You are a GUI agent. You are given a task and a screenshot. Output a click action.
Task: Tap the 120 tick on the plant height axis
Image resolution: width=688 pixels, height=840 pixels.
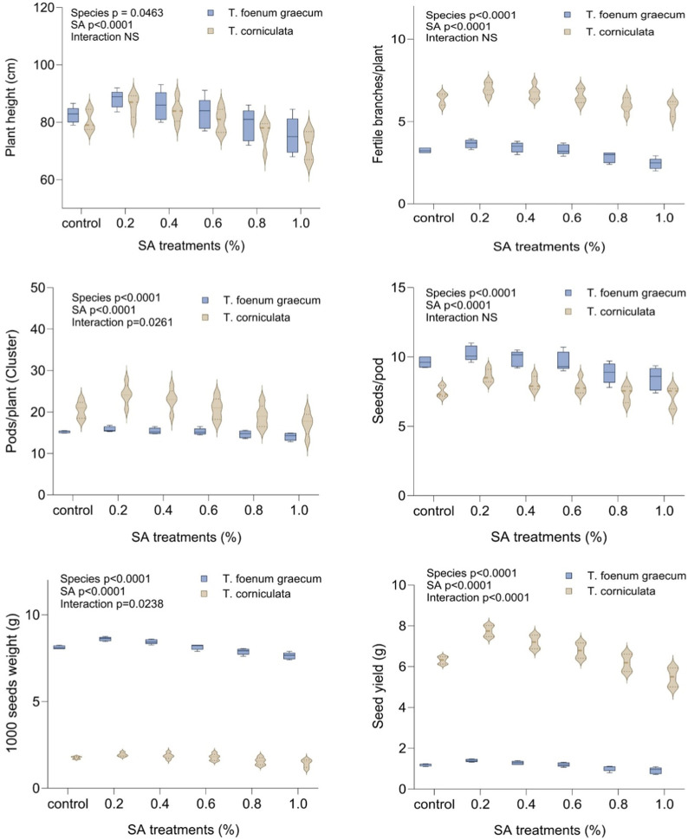[43, 8]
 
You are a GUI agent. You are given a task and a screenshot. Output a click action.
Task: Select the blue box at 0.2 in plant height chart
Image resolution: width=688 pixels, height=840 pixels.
[117, 98]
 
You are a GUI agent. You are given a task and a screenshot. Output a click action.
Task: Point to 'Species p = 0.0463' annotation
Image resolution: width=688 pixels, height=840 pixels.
[117, 13]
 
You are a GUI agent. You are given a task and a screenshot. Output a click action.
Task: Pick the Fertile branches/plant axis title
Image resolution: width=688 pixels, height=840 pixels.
[379, 104]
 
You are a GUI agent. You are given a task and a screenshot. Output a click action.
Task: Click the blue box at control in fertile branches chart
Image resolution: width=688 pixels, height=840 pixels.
[425, 151]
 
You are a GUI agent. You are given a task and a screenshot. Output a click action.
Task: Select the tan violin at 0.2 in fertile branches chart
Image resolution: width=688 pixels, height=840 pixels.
[488, 88]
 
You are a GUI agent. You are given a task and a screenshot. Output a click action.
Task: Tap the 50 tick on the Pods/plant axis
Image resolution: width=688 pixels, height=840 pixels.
[38, 288]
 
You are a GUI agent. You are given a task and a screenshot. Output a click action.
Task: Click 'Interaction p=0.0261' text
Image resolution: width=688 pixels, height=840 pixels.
[122, 322]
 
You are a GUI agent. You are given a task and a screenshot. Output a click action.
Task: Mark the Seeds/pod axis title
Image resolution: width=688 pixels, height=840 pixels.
[379, 391]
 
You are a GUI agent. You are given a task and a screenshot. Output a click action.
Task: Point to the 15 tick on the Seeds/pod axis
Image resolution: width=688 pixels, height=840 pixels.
[399, 288]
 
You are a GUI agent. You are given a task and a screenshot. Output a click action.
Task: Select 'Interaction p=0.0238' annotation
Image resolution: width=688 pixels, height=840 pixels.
[112, 604]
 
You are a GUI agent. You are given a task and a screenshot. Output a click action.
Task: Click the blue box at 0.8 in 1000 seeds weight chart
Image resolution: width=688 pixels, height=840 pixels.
[243, 651]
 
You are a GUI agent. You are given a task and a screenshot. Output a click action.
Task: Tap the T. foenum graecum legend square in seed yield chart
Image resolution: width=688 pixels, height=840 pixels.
[568, 576]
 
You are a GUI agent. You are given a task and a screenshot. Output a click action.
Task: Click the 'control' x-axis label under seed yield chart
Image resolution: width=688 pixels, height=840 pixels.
[434, 804]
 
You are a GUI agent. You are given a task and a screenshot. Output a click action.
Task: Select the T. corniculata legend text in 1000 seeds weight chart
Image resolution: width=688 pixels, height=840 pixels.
[256, 594]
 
